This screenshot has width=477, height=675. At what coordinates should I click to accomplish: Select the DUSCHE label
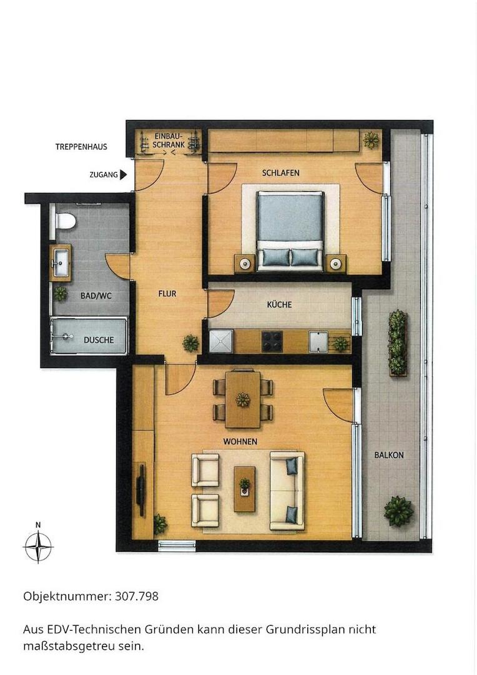tap(99, 340)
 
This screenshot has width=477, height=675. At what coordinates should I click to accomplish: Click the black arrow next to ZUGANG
tap(124, 175)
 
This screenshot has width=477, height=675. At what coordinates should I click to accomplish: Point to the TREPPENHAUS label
tap(81, 147)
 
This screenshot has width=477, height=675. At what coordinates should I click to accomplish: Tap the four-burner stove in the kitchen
tap(272, 341)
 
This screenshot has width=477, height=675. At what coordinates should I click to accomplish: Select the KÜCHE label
tap(279, 305)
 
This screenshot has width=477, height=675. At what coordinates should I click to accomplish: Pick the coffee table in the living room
tap(244, 489)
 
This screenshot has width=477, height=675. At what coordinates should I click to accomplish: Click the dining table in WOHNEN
tap(243, 399)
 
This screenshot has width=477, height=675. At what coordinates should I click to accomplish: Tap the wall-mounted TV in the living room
tap(140, 484)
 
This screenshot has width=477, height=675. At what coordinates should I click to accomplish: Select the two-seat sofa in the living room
tap(287, 491)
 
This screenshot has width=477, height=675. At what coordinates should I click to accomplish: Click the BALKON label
tap(389, 455)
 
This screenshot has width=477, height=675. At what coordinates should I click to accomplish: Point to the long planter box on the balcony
tap(398, 343)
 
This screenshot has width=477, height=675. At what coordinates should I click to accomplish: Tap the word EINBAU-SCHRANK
tap(169, 141)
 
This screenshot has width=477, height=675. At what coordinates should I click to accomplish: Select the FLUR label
tap(167, 294)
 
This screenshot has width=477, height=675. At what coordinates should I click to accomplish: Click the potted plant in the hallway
tap(190, 343)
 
